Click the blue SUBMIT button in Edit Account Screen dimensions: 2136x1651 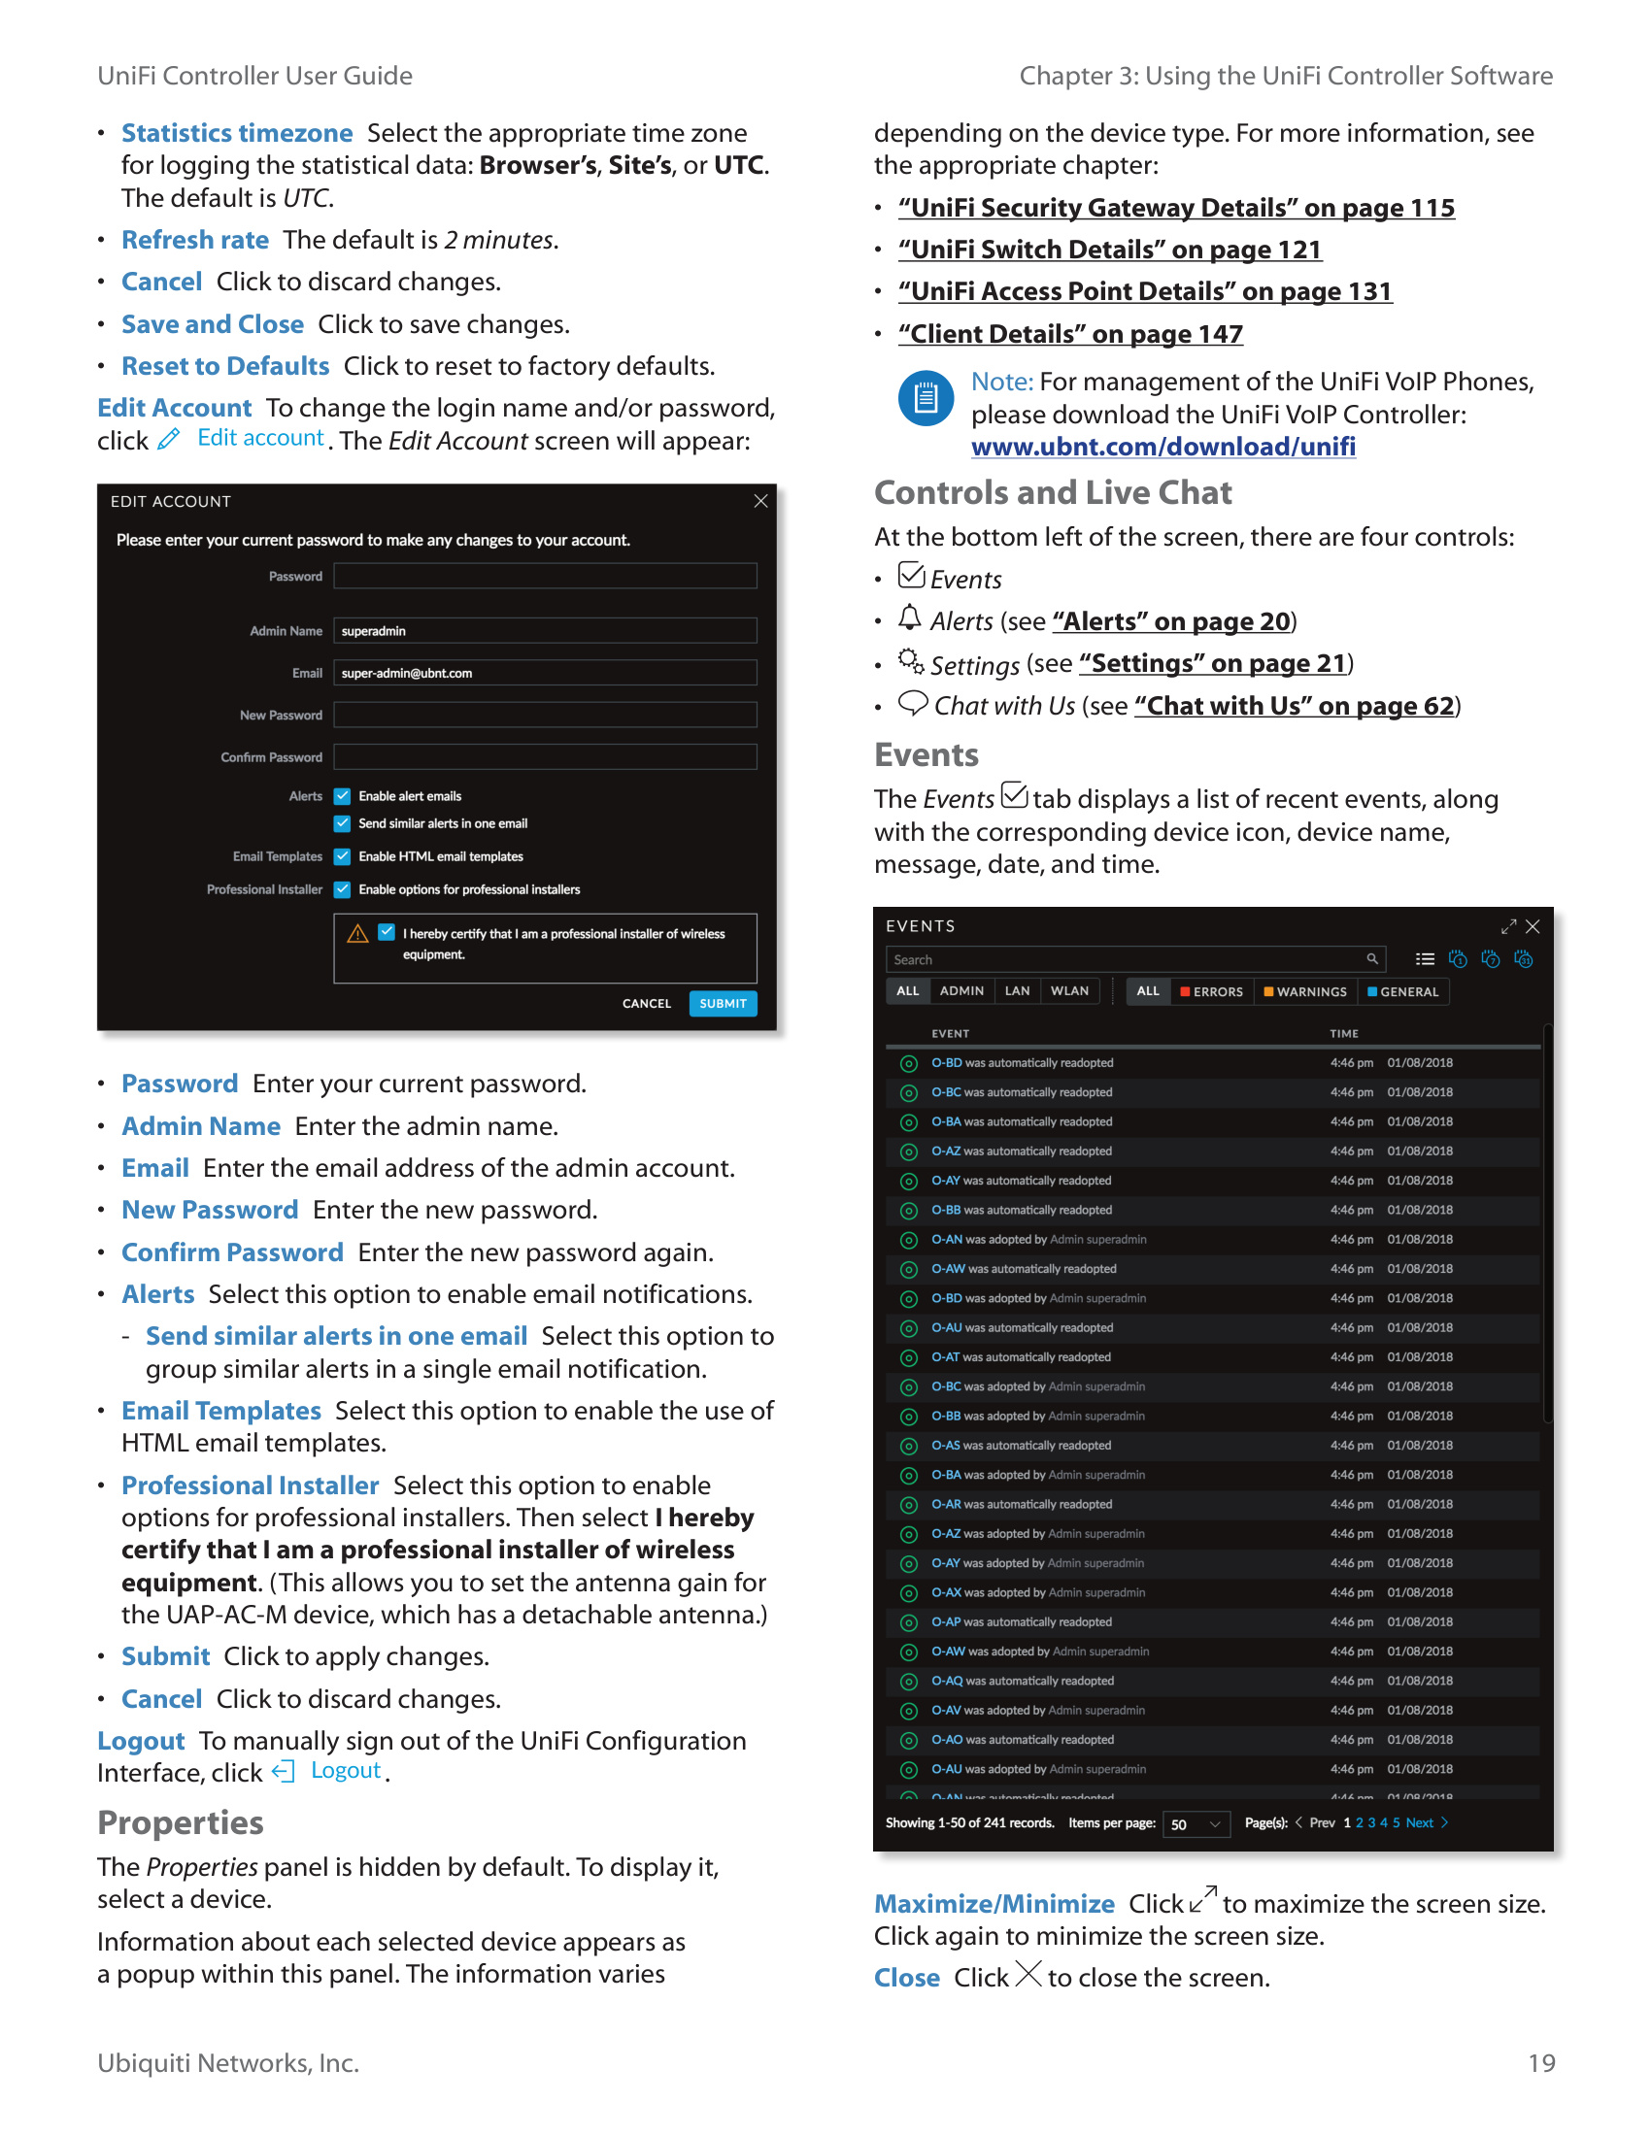(722, 1004)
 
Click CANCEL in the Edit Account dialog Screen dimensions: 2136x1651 (647, 1004)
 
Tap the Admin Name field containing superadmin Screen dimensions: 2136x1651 (544, 631)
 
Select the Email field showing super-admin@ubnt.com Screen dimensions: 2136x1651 (544, 673)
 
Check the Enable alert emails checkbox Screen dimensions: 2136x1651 (342, 796)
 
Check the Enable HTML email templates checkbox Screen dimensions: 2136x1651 (342, 856)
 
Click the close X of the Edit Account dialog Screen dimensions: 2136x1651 (760, 501)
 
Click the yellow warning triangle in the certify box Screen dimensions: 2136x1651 (358, 934)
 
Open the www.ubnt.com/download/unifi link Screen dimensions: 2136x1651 (1162, 447)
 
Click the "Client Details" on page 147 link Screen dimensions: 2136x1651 (1070, 335)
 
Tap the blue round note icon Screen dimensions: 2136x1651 (926, 398)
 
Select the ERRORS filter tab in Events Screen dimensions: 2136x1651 (1211, 991)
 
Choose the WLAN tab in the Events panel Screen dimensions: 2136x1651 (1069, 990)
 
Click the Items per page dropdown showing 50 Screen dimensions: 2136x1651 (1196, 1824)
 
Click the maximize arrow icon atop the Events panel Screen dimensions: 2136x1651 (1508, 926)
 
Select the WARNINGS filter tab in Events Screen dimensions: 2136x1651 (1304, 991)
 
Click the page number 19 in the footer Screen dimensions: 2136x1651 (1540, 2062)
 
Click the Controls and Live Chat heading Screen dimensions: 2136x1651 (1053, 493)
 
